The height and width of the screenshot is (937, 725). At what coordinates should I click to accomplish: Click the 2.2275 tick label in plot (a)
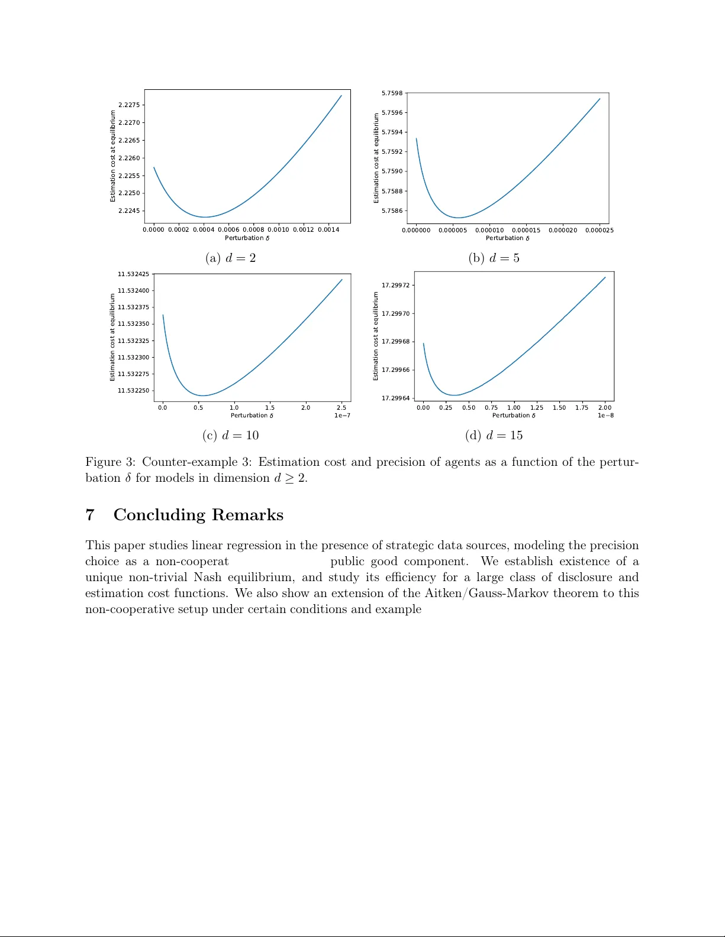pos(129,105)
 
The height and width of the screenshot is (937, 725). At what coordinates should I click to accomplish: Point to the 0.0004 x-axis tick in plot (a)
pos(204,229)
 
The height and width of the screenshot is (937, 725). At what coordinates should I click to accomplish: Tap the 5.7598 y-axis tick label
pos(392,93)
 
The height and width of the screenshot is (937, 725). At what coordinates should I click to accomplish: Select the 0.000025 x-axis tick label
pos(599,230)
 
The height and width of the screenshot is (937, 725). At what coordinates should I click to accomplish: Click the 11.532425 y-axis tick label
pos(133,274)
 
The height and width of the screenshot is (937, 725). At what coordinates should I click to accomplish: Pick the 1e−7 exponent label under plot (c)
pos(342,416)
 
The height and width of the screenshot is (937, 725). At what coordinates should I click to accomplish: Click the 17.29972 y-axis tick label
pos(395,285)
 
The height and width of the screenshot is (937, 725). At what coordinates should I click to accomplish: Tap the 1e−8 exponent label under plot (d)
pos(605,416)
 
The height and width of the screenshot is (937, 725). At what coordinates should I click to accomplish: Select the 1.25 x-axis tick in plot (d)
pos(537,407)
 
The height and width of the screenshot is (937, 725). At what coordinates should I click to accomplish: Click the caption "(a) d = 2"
pos(230,258)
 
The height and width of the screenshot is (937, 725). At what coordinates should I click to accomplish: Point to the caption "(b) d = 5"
pos(494,258)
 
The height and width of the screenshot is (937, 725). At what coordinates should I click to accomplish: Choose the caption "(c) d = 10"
pos(230,435)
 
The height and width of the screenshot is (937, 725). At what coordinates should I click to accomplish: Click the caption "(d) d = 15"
pos(494,435)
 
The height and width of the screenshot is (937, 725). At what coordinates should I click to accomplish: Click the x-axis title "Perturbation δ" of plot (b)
pos(508,238)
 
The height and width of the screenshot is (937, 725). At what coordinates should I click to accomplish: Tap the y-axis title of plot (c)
pos(112,338)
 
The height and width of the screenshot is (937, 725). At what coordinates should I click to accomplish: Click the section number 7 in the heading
pos(90,515)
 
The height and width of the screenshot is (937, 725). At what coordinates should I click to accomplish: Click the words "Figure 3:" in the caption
pos(111,462)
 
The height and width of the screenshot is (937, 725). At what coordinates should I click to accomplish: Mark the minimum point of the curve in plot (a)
pos(204,217)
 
